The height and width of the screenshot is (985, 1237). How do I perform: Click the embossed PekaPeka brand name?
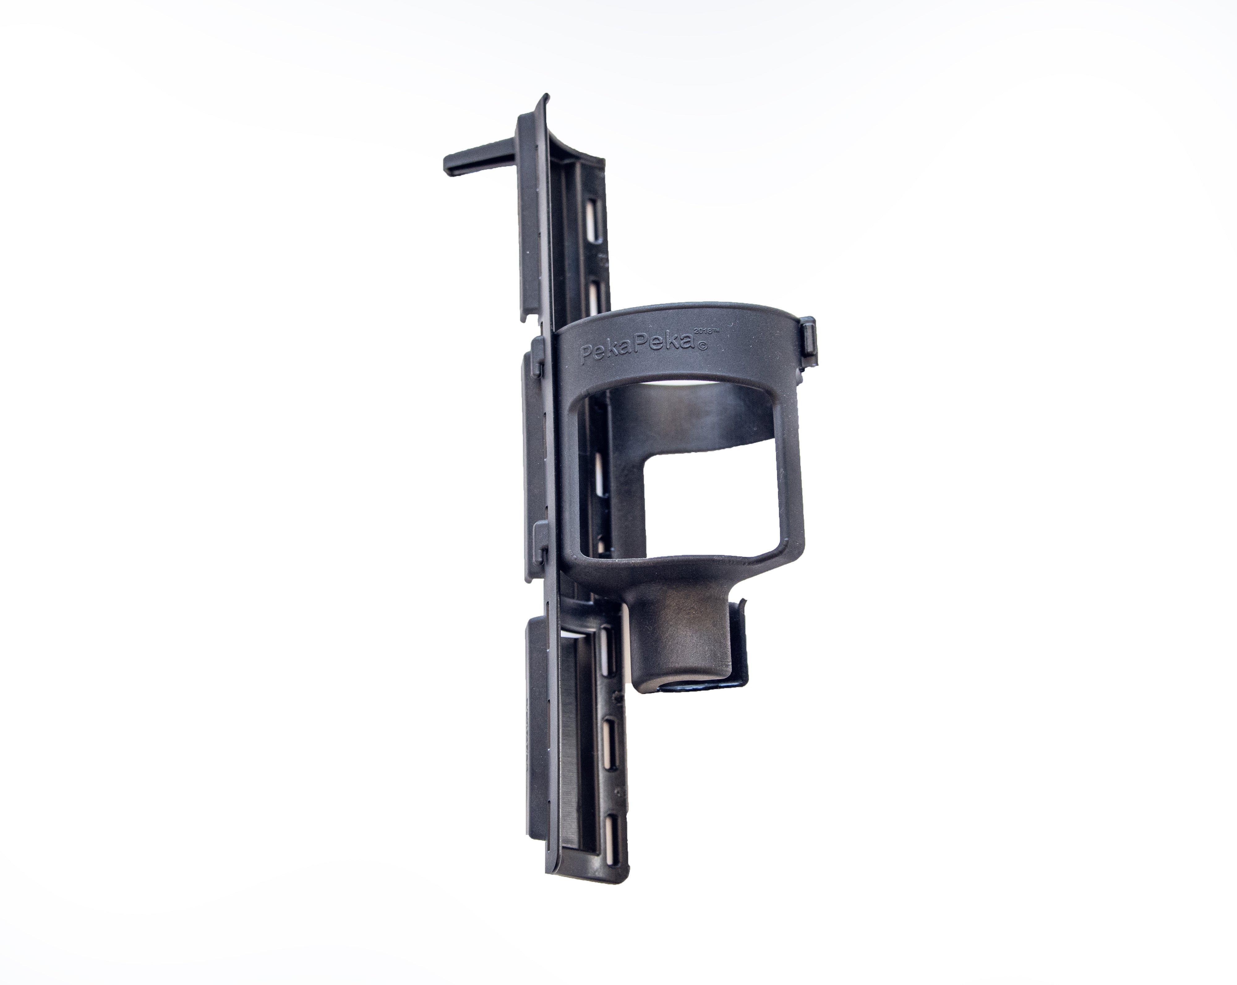(637, 350)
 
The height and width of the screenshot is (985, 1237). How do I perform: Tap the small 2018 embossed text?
(706, 332)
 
